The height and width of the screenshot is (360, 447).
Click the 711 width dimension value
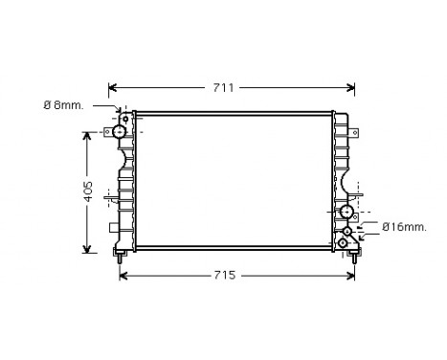(223, 88)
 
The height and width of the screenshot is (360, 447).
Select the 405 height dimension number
(87, 191)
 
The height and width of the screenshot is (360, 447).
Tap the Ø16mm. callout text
(403, 227)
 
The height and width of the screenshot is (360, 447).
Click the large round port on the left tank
(121, 131)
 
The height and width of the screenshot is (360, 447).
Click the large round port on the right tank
(346, 213)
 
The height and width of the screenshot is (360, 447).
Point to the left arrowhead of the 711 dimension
(113, 88)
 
